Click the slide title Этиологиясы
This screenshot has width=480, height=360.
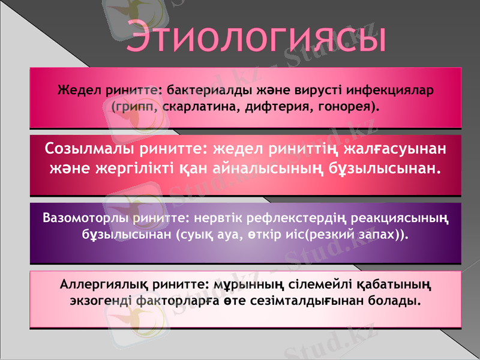click(x=255, y=37)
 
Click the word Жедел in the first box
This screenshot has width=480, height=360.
click(x=78, y=91)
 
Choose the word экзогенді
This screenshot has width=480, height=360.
click(x=96, y=298)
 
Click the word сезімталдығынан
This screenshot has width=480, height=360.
click(x=336, y=298)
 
